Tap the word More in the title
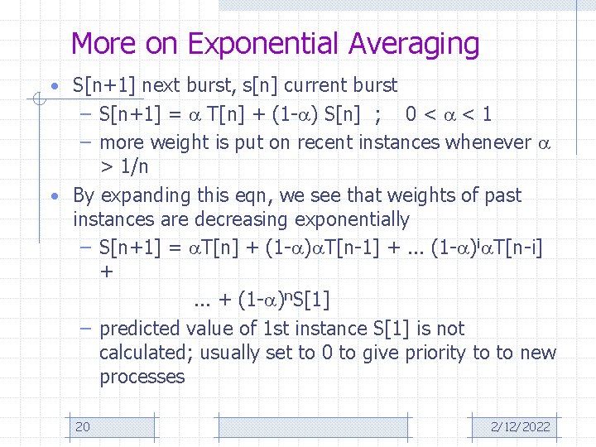pos(105,43)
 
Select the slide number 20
pos(83,426)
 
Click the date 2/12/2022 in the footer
pos(520,426)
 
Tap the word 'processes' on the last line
pos(142,377)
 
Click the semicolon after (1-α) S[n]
pos(377,113)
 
